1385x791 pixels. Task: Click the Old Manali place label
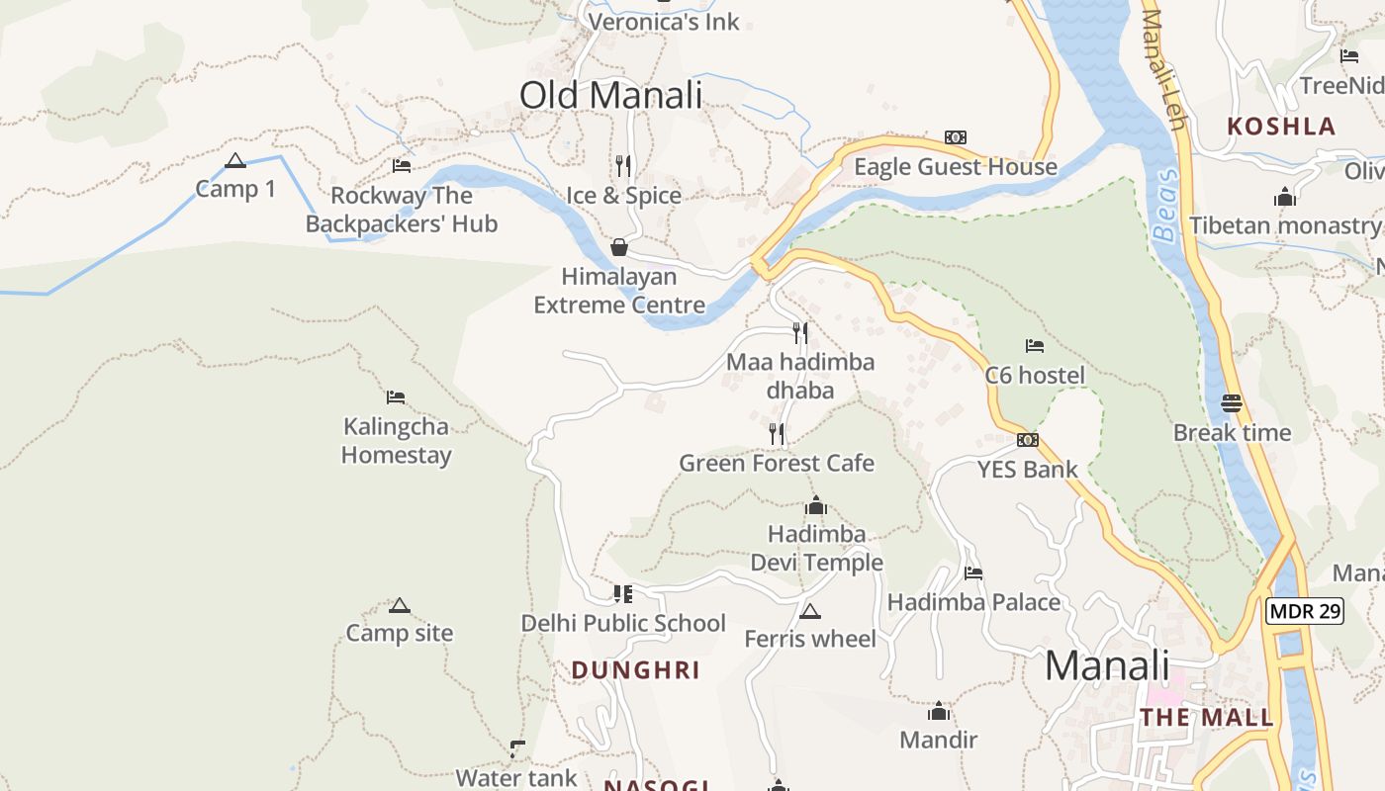[610, 96]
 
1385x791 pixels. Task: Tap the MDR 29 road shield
[1305, 611]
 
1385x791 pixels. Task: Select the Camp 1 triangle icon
[234, 160]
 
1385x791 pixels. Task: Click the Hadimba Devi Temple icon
[816, 506]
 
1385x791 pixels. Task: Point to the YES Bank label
[1028, 470]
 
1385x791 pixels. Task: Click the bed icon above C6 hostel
[1035, 346]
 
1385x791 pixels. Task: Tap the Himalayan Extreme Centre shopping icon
[619, 247]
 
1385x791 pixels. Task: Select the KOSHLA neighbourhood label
[1281, 127]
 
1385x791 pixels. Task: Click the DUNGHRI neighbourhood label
[635, 670]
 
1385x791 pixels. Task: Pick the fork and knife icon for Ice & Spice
[623, 165]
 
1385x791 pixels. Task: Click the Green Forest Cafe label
[777, 463]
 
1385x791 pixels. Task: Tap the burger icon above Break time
[1232, 403]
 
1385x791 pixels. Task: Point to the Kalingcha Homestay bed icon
[396, 397]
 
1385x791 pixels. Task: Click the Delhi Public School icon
[623, 593]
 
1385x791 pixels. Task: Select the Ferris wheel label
[810, 639]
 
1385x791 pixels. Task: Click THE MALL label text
[1206, 718]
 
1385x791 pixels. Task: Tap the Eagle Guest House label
[956, 167]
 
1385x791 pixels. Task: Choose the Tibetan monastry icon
[1285, 197]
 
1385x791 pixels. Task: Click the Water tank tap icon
[516, 748]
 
